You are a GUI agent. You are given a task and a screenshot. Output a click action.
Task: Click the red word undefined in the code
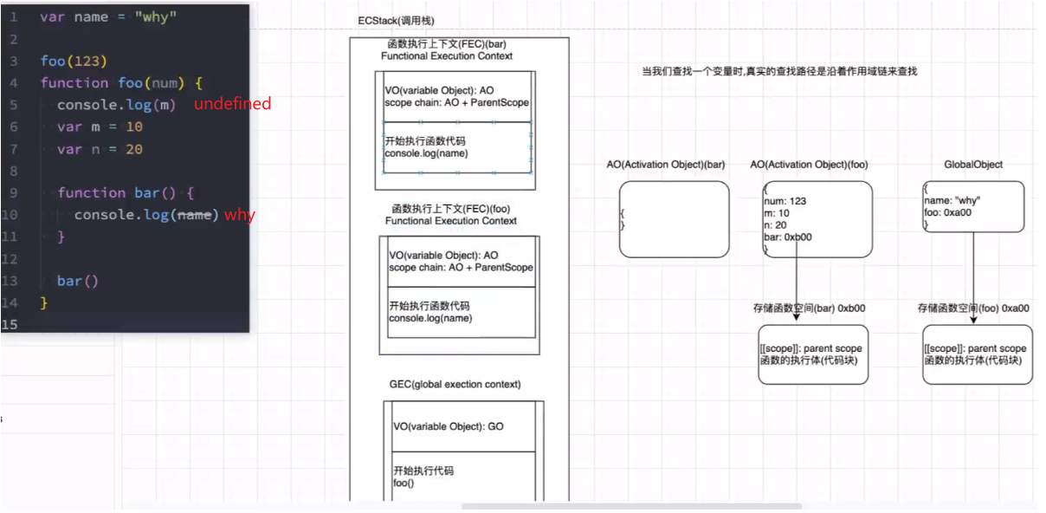pos(232,104)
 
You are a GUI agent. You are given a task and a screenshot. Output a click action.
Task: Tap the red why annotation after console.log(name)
pos(240,215)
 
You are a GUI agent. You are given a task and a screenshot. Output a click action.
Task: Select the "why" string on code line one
pos(156,17)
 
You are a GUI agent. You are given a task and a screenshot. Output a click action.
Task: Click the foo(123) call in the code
pos(73,61)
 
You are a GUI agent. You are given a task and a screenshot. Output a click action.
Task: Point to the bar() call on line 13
pos(78,281)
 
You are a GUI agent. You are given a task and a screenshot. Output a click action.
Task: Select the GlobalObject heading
pos(973,165)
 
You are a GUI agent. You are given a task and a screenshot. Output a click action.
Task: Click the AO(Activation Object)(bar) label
pos(666,165)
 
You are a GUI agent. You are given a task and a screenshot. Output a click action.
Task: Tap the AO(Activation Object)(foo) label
pos(809,165)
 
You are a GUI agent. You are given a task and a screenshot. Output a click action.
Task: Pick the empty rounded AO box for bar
pos(674,219)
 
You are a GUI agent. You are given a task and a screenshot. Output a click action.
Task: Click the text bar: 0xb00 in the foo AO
pos(787,237)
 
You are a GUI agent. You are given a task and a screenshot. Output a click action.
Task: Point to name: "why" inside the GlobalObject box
pos(952,201)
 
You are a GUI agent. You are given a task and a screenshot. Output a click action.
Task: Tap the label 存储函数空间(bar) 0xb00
pos(809,308)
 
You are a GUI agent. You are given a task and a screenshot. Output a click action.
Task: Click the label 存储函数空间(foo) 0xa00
pos(973,308)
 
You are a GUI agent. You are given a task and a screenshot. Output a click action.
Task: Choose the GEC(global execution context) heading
pos(455,384)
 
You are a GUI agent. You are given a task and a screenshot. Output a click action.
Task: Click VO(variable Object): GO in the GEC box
pos(448,426)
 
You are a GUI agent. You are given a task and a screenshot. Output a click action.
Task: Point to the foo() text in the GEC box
pos(404,483)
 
